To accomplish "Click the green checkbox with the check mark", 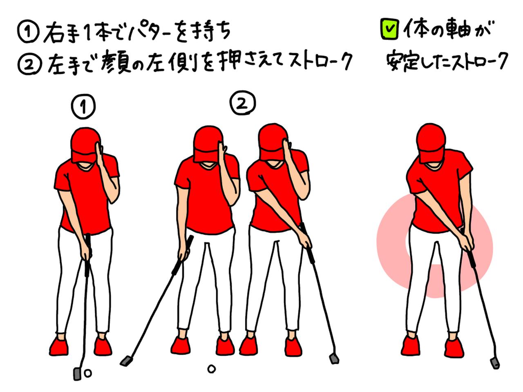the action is click(389, 29).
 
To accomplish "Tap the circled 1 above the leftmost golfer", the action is click(83, 107).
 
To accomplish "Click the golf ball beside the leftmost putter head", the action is click(88, 373).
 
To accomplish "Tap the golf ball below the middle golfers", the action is click(211, 369).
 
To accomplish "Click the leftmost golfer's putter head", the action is click(77, 374).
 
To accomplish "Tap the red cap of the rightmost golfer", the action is click(431, 143).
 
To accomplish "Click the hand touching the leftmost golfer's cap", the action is click(99, 154).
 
